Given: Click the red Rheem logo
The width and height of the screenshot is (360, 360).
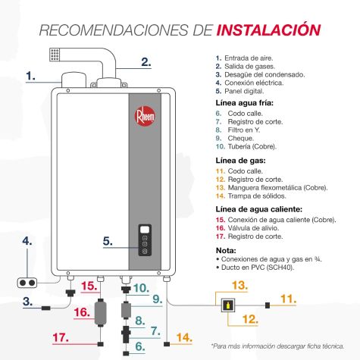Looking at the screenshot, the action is [144, 117].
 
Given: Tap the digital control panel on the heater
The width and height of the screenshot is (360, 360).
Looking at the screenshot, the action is [145, 240].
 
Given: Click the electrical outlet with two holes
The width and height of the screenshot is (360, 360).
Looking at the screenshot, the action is [27, 283].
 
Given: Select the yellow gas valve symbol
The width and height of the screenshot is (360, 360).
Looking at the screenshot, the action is [228, 305].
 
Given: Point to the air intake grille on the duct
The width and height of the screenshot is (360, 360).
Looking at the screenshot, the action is [55, 55].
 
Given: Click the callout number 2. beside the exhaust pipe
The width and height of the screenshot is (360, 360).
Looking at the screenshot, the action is [146, 62].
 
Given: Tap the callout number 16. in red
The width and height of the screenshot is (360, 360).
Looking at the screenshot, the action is [82, 312].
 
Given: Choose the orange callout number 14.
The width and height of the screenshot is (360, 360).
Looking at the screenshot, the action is [184, 338].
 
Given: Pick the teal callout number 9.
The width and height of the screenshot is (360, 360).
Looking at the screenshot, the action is [158, 299].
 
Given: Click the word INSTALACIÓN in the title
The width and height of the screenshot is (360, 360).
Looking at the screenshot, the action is [268, 30].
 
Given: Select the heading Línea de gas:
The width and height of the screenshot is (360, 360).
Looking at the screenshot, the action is [240, 161].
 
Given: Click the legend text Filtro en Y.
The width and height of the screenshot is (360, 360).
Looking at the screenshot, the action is [244, 130].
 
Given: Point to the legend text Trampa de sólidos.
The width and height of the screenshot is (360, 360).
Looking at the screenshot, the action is [257, 196].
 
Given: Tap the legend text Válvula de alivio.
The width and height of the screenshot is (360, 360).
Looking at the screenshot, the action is [253, 228].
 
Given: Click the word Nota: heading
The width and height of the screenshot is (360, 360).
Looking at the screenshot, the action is [226, 251].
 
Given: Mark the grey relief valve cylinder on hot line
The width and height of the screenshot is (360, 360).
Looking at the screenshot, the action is [100, 312].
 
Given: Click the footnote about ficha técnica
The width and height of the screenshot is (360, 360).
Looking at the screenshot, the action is [277, 346].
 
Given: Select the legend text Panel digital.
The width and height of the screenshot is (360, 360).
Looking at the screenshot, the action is [244, 91].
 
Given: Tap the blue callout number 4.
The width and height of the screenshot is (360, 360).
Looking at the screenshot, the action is [27, 241].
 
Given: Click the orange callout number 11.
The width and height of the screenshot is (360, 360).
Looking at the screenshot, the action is [289, 299].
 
